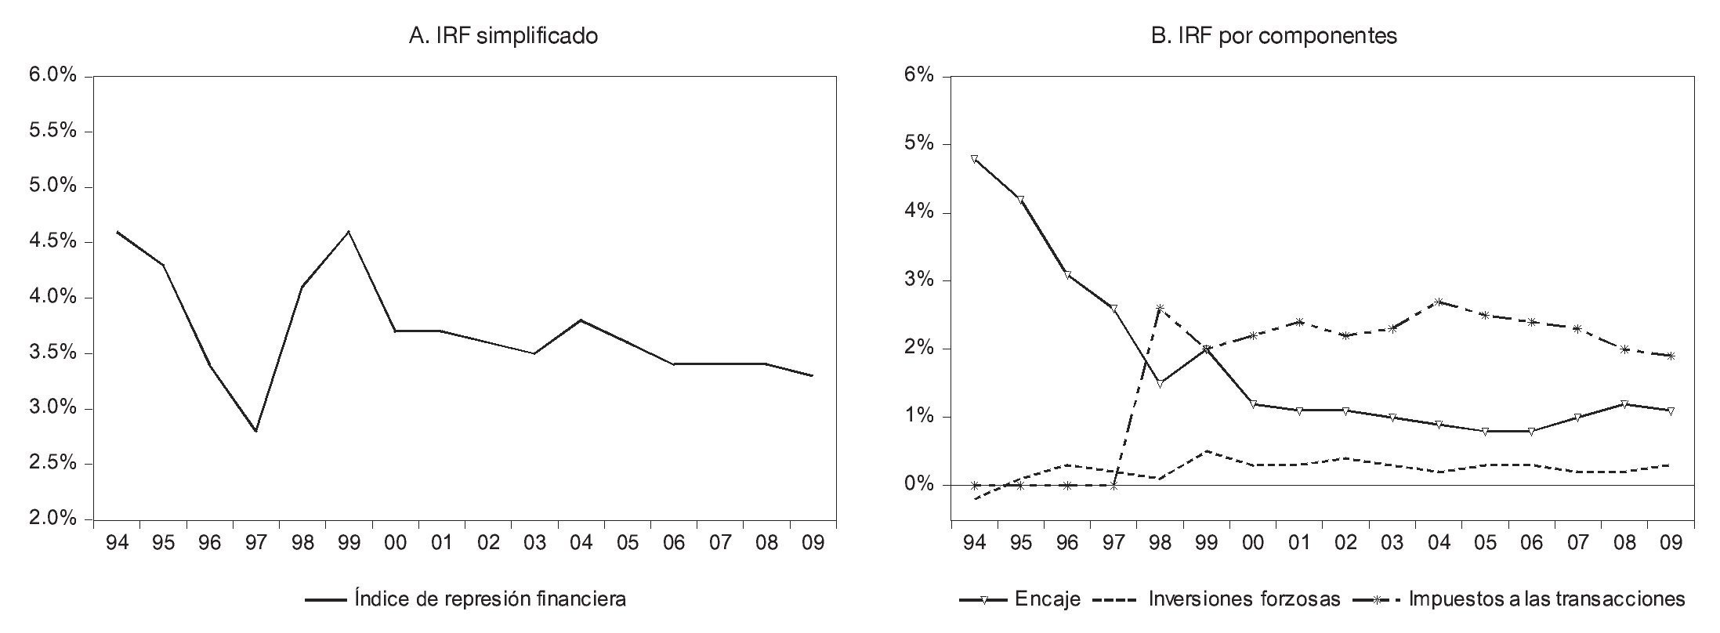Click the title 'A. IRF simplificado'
coord(503,36)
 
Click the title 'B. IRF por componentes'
coord(1274,36)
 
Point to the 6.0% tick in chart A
coord(53,76)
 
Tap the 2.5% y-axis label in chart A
coord(53,464)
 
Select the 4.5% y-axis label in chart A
coord(53,242)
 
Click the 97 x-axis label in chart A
coord(256,543)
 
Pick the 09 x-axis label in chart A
coord(813,543)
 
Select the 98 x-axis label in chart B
coord(1160,543)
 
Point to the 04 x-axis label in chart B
coord(1439,543)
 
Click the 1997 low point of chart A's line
coord(256,430)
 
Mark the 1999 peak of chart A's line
coord(349,231)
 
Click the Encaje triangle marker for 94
coord(974,159)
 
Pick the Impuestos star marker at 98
coord(1160,308)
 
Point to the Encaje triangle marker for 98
coord(1160,384)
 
